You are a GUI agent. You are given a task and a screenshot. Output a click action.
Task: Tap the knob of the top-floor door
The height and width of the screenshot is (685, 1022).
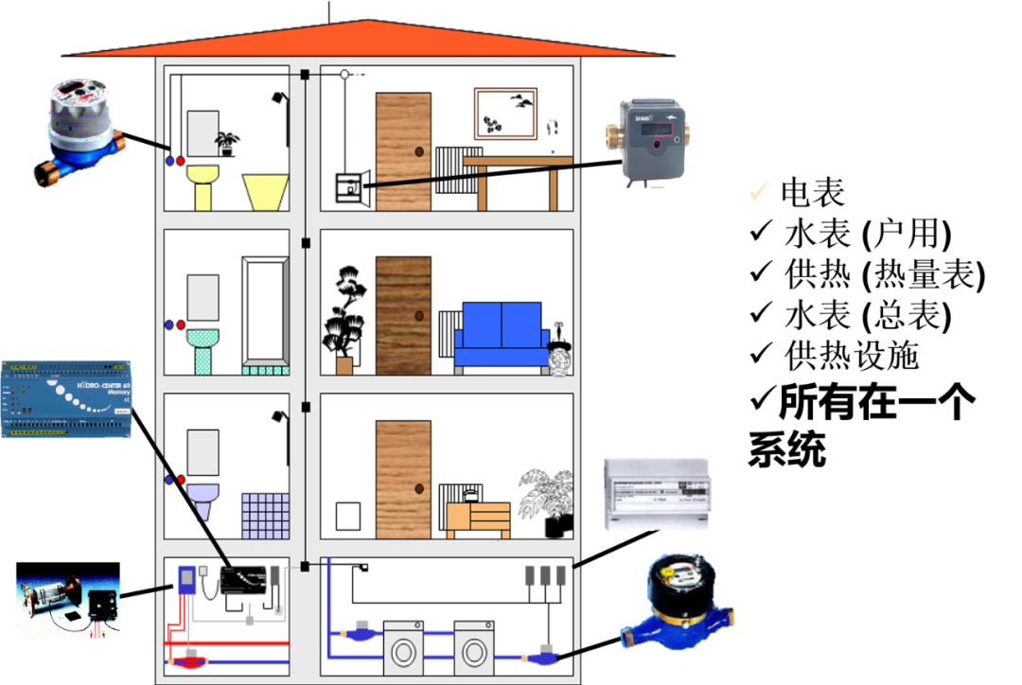pyautogui.click(x=417, y=152)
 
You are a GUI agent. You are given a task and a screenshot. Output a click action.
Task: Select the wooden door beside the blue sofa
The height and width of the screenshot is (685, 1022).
pyautogui.click(x=403, y=316)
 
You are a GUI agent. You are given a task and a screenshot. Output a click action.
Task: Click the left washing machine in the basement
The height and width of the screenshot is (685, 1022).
pyautogui.click(x=409, y=648)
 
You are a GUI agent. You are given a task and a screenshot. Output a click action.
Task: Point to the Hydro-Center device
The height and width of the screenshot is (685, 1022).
pyautogui.click(x=66, y=398)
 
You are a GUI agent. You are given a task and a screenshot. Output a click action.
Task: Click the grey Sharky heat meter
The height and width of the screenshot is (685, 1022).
pyautogui.click(x=652, y=139)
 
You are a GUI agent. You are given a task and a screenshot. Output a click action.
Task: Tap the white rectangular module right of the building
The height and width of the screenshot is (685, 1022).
pyautogui.click(x=656, y=493)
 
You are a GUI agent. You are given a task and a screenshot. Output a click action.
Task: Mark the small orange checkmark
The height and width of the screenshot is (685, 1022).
pyautogui.click(x=758, y=191)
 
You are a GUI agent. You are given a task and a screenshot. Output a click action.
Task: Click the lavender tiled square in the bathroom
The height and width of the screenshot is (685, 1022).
pyautogui.click(x=264, y=517)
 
